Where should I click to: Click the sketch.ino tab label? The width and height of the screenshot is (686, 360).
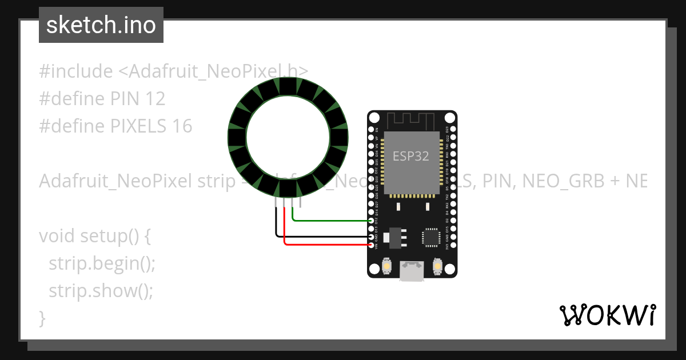(x=101, y=25)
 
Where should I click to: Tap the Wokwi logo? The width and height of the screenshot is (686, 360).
(x=607, y=315)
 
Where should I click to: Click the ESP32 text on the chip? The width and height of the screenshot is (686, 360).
(x=410, y=156)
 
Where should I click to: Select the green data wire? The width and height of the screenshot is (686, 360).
(x=332, y=219)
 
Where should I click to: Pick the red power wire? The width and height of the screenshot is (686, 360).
(x=326, y=245)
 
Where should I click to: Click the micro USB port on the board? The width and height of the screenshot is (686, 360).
(x=412, y=272)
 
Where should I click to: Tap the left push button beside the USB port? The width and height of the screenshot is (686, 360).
(x=387, y=267)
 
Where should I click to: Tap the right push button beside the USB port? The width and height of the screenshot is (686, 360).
(x=437, y=267)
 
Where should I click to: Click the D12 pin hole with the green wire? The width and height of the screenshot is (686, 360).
(x=372, y=220)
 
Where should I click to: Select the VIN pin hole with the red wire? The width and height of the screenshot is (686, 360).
(x=372, y=245)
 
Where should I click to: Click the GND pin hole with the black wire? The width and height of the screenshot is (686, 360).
(x=372, y=237)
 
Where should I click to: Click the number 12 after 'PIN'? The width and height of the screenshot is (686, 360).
(x=155, y=99)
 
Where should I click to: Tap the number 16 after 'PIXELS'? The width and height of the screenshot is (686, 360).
(x=182, y=126)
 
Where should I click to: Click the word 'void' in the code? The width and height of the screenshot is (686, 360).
(x=57, y=236)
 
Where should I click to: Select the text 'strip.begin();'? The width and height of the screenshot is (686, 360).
(x=102, y=263)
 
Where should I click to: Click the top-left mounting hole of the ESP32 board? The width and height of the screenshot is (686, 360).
(x=374, y=118)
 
